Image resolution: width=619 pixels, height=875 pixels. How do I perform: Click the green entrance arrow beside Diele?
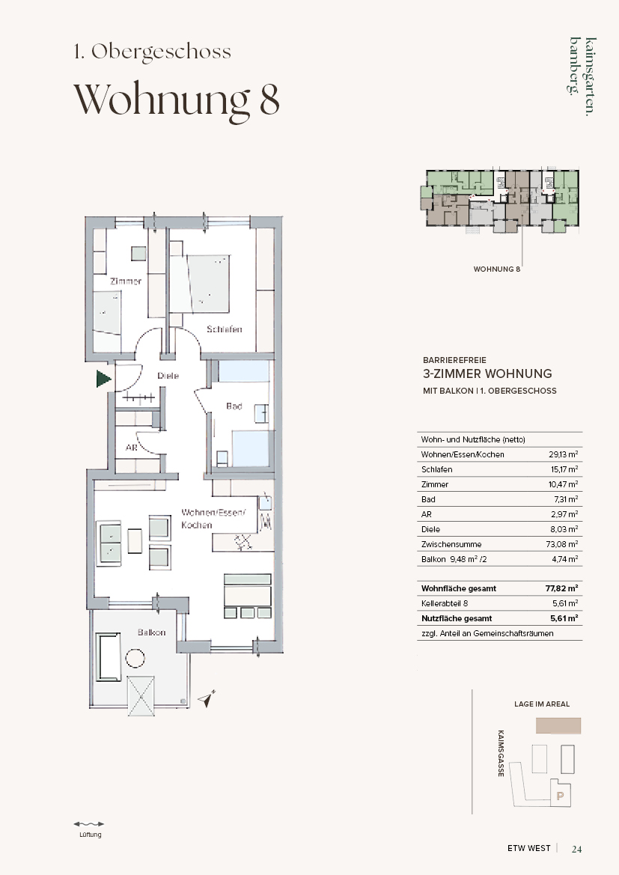coord(103,379)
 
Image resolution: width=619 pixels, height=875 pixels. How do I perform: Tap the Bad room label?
coord(234,406)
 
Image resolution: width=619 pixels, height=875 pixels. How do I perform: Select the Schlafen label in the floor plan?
coord(225,329)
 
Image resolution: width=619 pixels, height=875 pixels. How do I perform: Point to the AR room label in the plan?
coord(131,448)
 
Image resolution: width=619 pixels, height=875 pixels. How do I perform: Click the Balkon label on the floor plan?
coord(152,632)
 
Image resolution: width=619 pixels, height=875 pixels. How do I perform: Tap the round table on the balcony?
coord(135,658)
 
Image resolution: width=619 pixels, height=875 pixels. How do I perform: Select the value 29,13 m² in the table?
coord(563,454)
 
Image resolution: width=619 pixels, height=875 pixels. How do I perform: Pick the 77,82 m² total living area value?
coord(561,588)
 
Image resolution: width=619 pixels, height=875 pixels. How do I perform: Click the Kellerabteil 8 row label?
coord(445,603)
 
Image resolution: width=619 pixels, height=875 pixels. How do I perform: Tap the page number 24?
coord(576,849)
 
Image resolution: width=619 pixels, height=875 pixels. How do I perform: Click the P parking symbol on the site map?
coord(561,796)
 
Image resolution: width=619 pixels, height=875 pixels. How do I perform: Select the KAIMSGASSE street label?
coord(501,753)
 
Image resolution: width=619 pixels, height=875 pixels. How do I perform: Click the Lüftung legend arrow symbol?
coord(89,823)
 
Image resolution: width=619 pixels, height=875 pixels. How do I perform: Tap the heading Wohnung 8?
coord(177,100)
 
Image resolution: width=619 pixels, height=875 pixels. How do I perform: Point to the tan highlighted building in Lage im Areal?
coord(558,725)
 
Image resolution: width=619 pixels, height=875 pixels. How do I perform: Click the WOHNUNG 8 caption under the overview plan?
coord(497,269)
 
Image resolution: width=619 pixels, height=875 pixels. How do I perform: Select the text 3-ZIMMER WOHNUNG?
coord(487,374)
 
